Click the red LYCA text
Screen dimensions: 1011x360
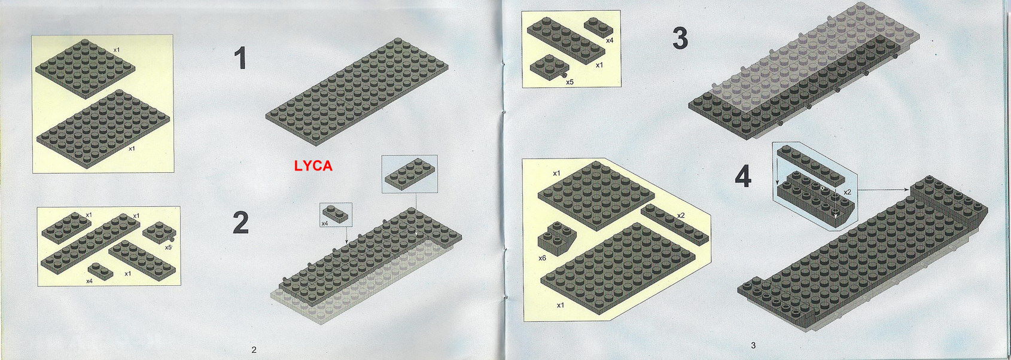click(x=313, y=166)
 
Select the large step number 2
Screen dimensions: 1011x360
click(x=241, y=223)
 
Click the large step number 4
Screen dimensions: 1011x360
click(x=744, y=176)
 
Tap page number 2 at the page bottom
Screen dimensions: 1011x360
click(x=254, y=350)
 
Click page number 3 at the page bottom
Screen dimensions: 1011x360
click(x=753, y=346)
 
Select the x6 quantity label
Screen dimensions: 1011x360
click(x=543, y=258)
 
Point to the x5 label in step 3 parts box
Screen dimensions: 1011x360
click(x=570, y=82)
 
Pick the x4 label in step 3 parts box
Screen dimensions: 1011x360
click(x=610, y=41)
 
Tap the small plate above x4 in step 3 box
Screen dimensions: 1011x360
click(x=598, y=27)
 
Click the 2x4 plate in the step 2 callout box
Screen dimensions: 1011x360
click(x=410, y=173)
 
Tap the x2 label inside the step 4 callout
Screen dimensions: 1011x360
click(x=848, y=192)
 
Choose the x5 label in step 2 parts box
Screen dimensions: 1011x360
click(x=168, y=247)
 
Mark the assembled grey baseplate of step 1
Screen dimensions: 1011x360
click(x=357, y=91)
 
